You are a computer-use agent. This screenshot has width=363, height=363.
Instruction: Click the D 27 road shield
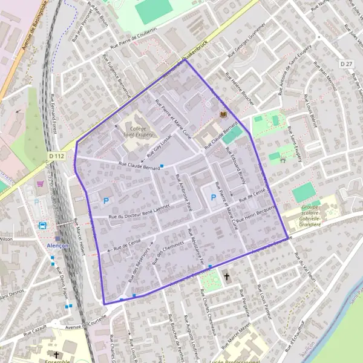[x=346, y=64]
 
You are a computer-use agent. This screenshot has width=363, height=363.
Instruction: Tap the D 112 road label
[x=56, y=155]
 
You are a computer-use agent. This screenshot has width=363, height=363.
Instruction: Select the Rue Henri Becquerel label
[x=260, y=213]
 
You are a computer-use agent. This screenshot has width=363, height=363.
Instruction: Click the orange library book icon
[x=223, y=114]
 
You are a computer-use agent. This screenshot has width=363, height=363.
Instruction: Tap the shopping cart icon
[x=41, y=183]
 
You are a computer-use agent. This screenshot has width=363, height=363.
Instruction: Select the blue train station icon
[x=43, y=225]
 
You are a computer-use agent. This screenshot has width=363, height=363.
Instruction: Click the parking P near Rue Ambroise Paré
[x=213, y=197]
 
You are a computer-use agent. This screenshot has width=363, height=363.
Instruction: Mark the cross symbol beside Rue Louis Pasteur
[x=227, y=276]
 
